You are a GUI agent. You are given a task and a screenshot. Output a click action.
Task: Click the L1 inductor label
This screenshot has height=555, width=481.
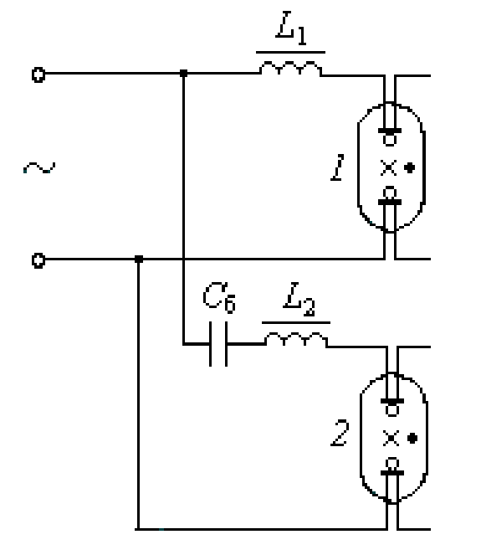[x=291, y=28]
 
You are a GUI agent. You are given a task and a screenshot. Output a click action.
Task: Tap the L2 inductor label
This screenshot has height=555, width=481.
[x=299, y=299]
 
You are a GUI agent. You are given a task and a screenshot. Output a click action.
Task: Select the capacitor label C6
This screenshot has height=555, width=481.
[x=219, y=297]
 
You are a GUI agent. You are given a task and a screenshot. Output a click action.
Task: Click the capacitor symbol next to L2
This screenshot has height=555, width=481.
[x=218, y=344]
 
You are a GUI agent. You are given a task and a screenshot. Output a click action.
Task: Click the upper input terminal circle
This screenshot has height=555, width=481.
[x=38, y=75]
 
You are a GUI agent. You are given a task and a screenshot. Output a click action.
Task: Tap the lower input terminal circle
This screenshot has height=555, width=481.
[x=38, y=260]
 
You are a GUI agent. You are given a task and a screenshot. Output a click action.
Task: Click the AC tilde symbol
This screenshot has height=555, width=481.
[x=39, y=167]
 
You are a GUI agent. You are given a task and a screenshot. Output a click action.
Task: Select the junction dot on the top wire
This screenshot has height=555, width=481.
[x=183, y=74]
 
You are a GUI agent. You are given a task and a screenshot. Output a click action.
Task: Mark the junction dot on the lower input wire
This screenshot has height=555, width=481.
[x=139, y=260]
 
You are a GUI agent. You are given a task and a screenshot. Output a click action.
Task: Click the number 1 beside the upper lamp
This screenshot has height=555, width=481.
[x=338, y=167]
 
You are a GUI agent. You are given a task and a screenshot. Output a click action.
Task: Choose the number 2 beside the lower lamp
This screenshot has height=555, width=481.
[x=340, y=433]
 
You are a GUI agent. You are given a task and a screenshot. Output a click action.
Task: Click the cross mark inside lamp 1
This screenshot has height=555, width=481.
[x=388, y=167]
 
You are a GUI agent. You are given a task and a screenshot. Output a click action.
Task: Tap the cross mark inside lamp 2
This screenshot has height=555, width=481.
[x=391, y=438]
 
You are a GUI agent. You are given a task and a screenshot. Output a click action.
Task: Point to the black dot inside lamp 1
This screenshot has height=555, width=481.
[x=410, y=167]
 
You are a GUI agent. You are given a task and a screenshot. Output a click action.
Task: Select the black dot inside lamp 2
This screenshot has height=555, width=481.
[x=412, y=438]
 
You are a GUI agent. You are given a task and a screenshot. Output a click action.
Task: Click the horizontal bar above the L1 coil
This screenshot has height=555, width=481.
[x=291, y=53]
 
